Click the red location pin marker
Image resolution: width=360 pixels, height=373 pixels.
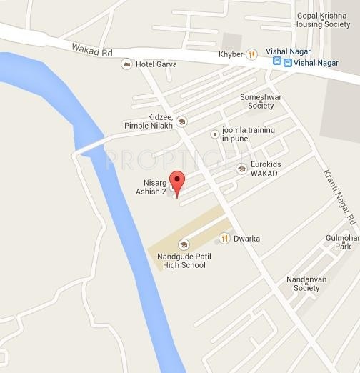[x=176, y=181]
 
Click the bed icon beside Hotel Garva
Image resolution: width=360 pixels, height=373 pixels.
[x=127, y=64]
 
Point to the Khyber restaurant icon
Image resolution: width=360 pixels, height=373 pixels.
[x=251, y=54]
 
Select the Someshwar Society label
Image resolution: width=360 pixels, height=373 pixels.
[x=256, y=101]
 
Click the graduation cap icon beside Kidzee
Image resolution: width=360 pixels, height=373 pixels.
[x=181, y=121]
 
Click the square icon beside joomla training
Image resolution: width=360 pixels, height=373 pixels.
[x=214, y=134]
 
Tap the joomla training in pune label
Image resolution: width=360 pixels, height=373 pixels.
[x=246, y=134]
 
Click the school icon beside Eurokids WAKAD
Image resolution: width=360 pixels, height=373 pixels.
[x=241, y=169]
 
